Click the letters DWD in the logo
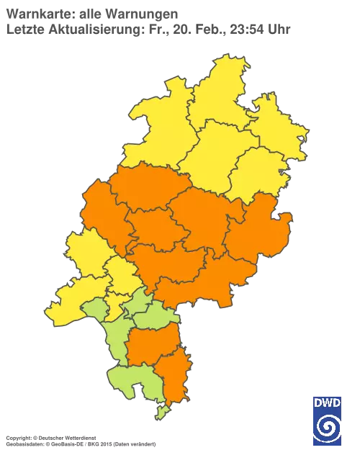pos(326,402)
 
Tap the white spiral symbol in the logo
pos(326,425)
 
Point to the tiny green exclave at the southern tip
pos(162,412)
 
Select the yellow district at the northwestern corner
pos(148,126)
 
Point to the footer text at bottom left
pos(79,437)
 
